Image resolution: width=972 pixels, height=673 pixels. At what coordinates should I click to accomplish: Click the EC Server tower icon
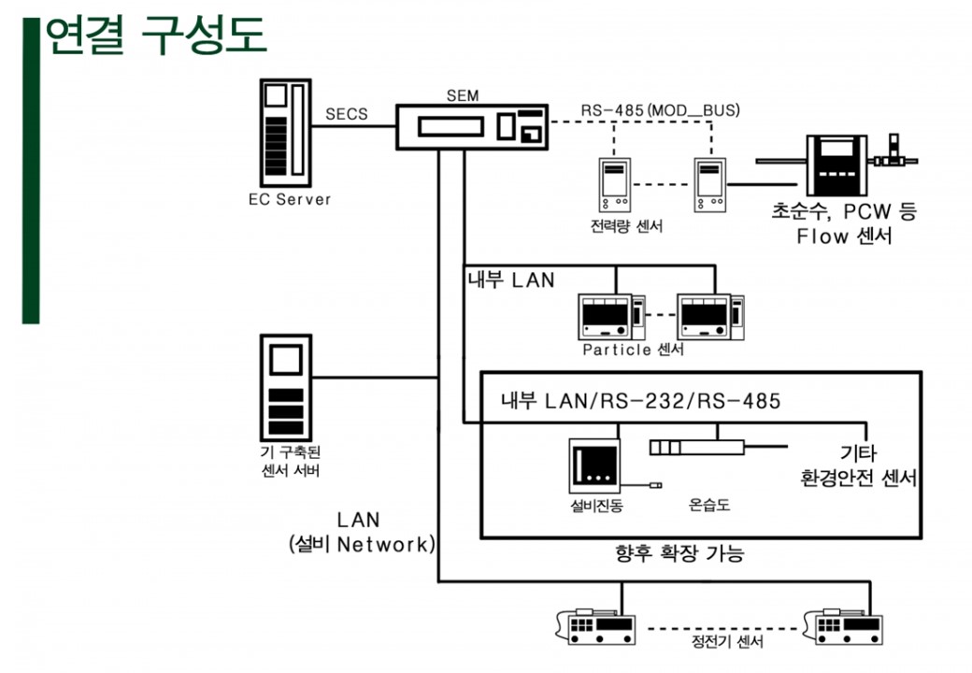[285, 132]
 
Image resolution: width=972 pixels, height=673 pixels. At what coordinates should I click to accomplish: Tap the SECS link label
[346, 115]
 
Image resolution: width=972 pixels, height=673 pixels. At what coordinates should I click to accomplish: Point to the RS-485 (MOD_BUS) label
[660, 110]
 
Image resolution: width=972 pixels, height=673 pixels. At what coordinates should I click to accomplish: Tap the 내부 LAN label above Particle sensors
[510, 279]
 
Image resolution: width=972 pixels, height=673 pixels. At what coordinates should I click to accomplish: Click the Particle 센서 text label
[633, 350]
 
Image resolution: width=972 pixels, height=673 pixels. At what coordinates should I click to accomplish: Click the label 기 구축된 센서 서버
[289, 461]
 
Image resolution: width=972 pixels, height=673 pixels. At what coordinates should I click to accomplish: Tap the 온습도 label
[709, 506]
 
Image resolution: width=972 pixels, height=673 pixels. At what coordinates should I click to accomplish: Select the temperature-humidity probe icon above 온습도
[697, 447]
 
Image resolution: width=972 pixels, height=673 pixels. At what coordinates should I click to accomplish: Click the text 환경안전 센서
[856, 479]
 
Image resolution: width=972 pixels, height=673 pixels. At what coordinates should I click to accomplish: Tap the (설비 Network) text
[362, 545]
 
